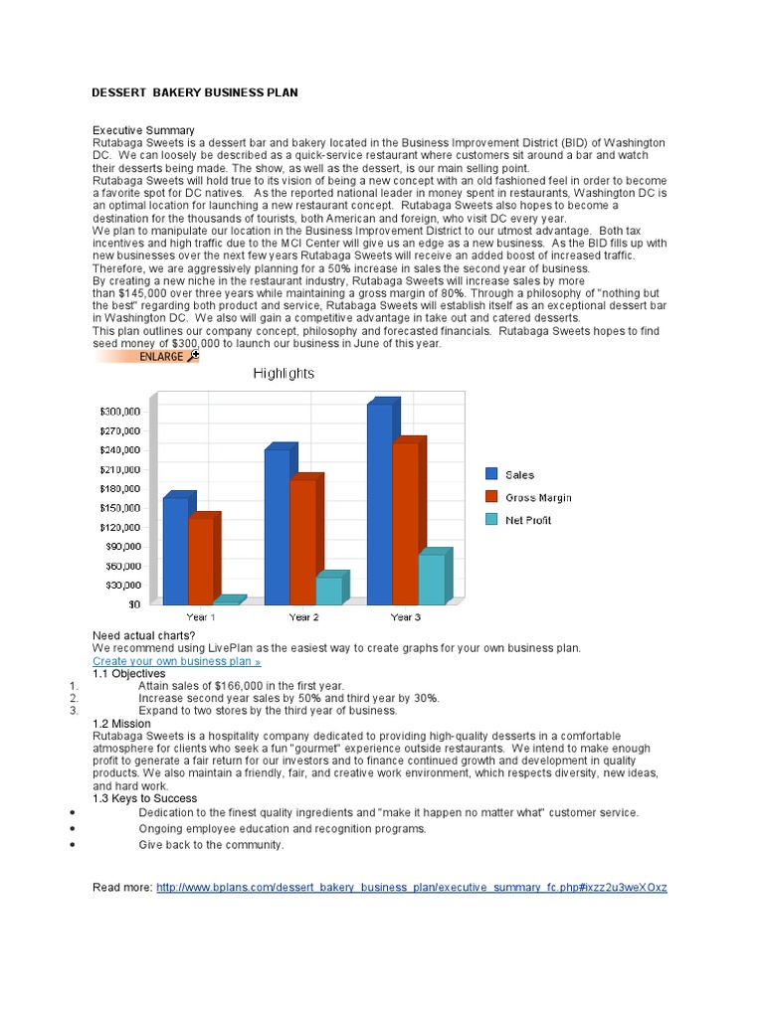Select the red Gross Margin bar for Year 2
302,542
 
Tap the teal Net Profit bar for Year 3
431,579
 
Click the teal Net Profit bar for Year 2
328,591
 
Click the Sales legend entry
518,475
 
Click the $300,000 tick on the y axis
125,412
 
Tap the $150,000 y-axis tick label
125,508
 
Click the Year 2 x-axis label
303,617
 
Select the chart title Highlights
284,374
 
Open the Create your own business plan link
176,661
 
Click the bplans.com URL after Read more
412,886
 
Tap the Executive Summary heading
143,130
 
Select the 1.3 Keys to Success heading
144,798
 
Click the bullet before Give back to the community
74,845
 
